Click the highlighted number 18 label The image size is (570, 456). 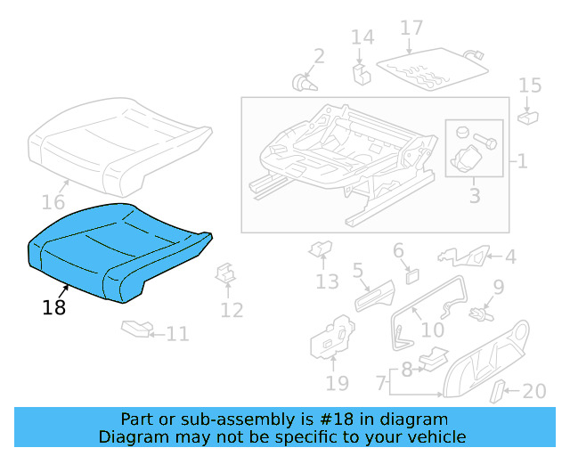point(53,307)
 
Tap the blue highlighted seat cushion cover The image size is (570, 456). point(116,249)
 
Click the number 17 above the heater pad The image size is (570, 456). point(411,28)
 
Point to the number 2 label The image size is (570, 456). point(319,57)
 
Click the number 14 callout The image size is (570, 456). point(362,37)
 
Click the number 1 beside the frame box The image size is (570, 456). point(521,162)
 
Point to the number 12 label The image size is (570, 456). point(232,310)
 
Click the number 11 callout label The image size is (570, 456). point(177,334)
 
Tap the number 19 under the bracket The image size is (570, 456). point(337,385)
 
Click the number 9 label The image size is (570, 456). point(499,287)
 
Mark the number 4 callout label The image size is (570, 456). point(510,257)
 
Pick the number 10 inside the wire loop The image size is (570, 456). point(432,330)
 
